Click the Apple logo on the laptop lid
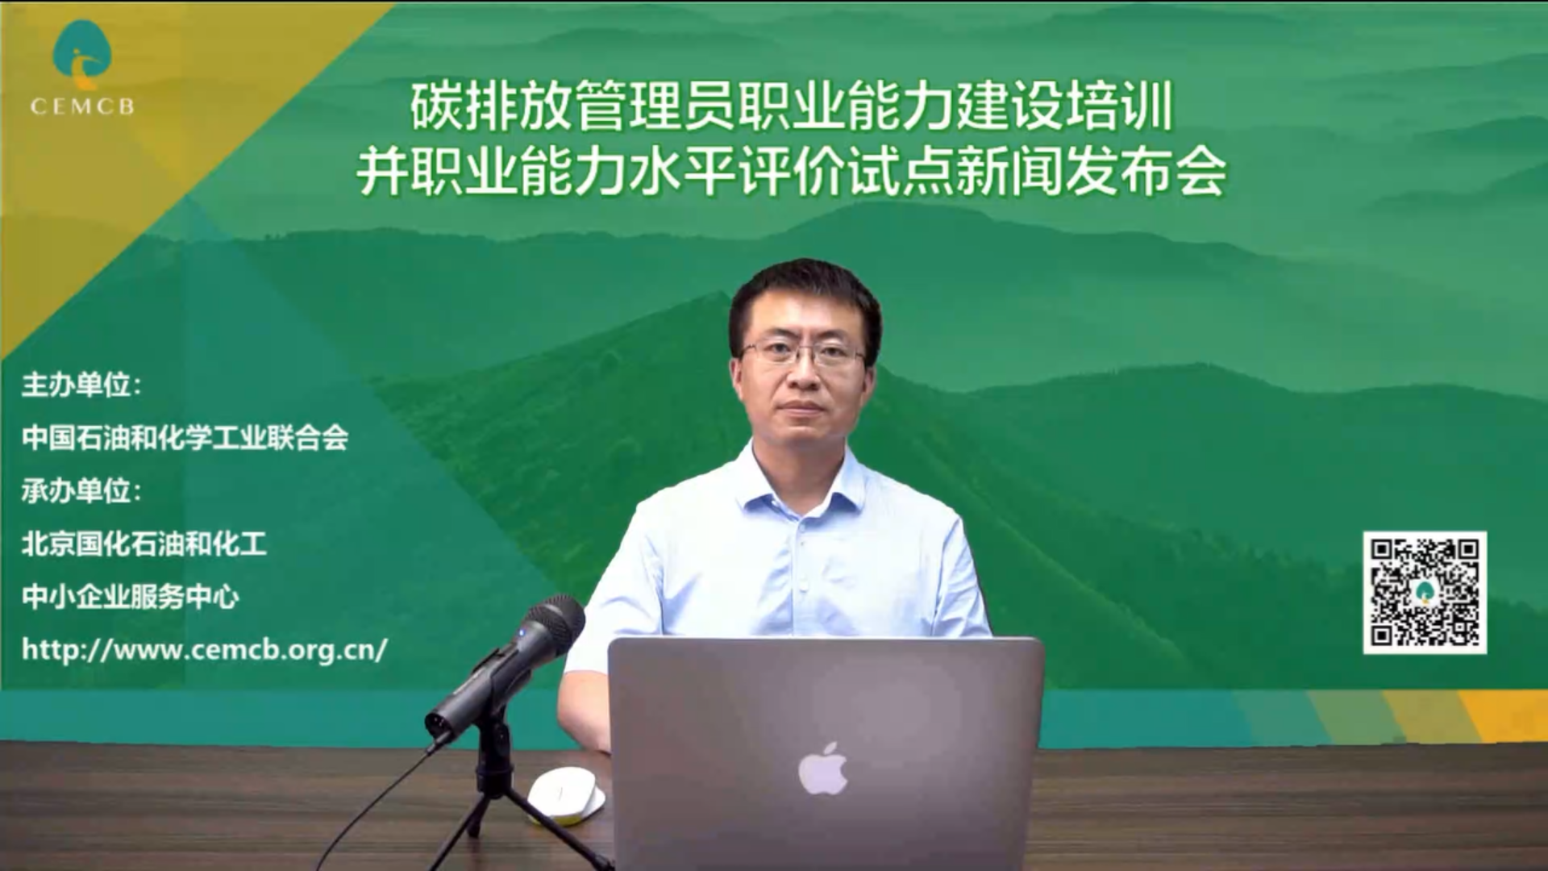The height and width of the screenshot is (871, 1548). click(x=822, y=769)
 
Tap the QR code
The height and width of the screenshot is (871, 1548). click(x=1425, y=593)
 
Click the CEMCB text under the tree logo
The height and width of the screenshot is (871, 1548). click(x=82, y=106)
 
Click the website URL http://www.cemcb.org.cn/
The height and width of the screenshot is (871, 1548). click(x=205, y=649)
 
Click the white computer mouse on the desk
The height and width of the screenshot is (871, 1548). click(x=566, y=795)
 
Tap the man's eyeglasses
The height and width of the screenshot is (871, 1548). click(x=801, y=352)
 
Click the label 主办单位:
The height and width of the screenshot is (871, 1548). click(x=81, y=385)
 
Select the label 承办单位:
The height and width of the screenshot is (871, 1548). click(x=81, y=490)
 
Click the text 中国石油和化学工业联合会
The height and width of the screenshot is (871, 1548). click(x=185, y=438)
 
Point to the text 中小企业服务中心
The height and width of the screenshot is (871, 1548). click(x=131, y=597)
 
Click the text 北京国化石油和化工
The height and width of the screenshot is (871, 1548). click(x=144, y=544)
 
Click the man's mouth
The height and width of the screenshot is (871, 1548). click(x=801, y=406)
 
